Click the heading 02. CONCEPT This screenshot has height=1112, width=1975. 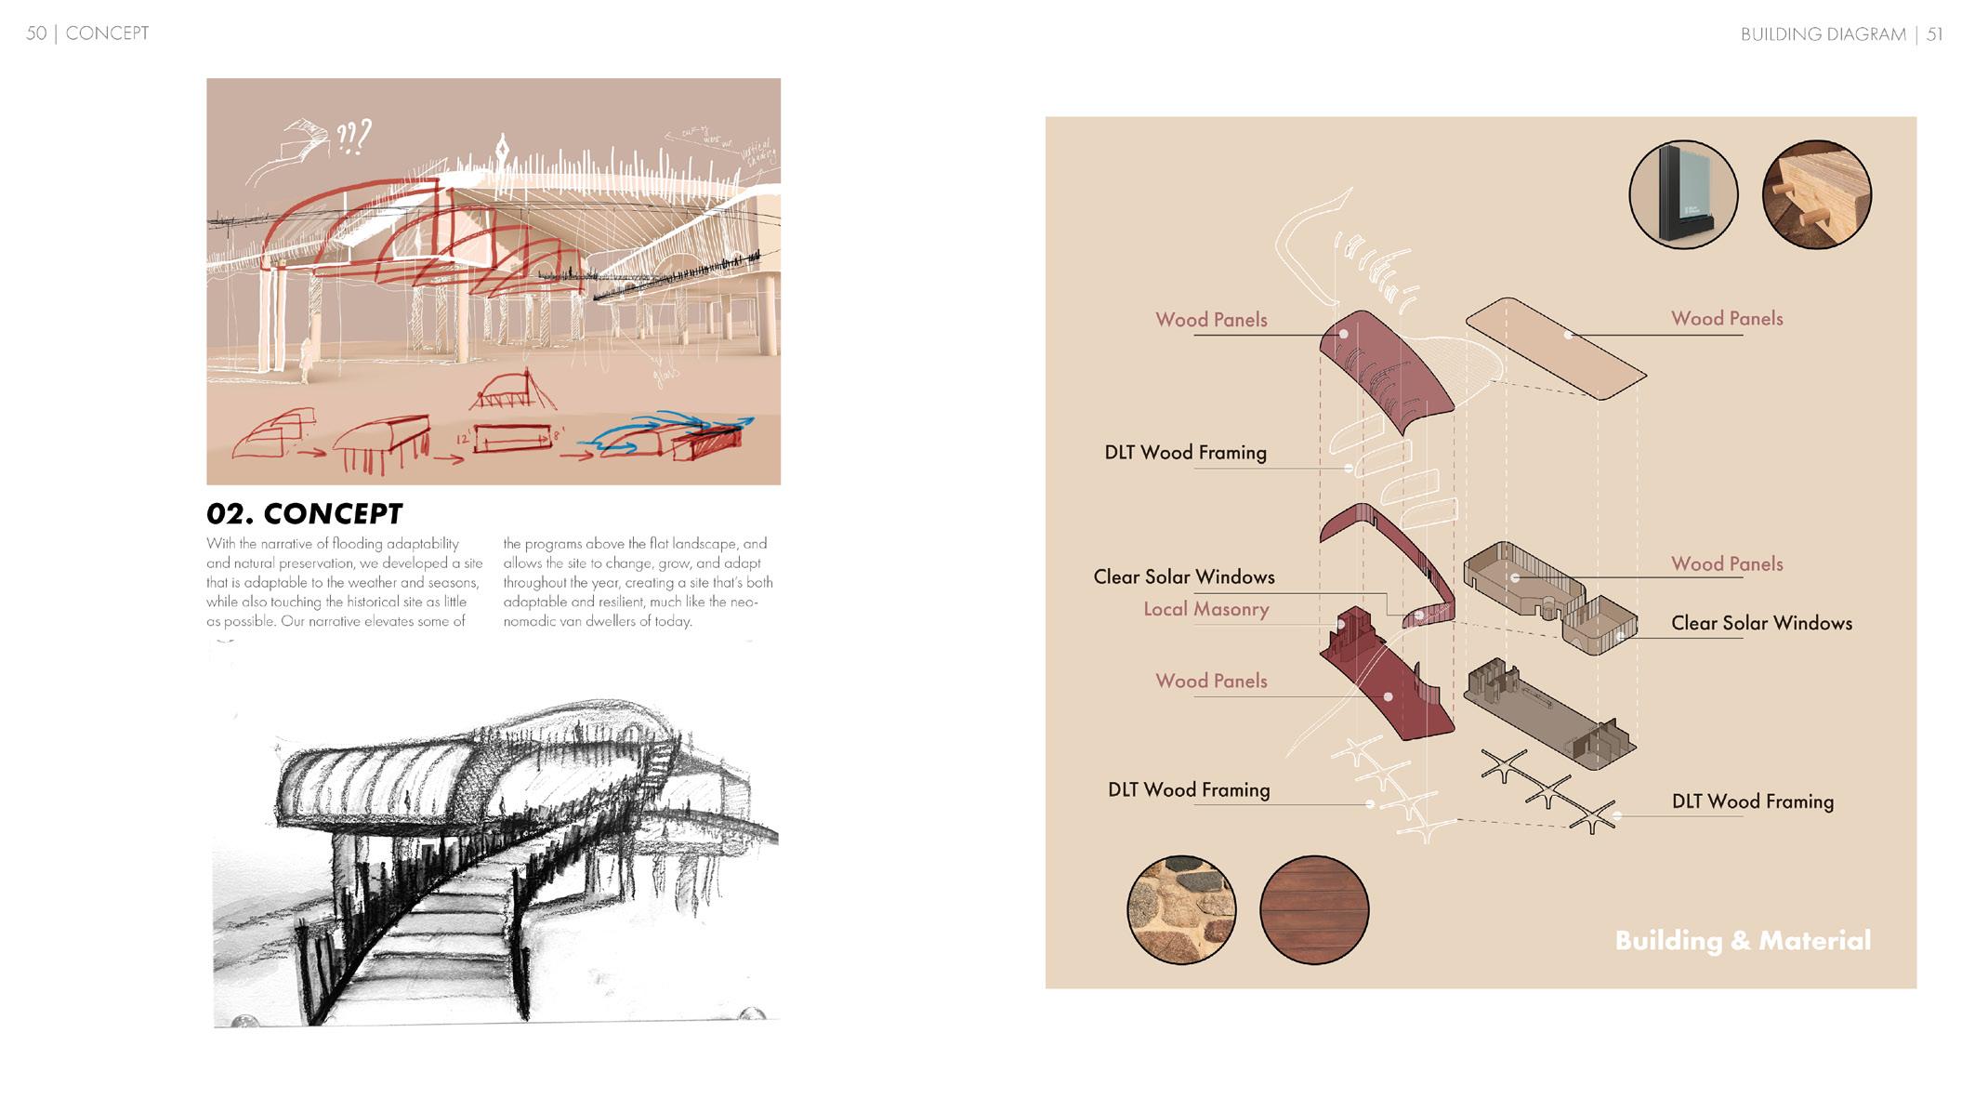click(x=304, y=513)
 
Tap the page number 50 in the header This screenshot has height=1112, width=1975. click(x=35, y=33)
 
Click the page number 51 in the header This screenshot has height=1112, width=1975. click(x=1934, y=34)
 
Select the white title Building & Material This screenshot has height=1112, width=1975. click(x=1743, y=940)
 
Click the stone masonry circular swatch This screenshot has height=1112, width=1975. click(x=1181, y=909)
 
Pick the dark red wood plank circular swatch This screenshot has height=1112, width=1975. click(x=1314, y=909)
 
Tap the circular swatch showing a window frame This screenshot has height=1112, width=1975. click(x=1683, y=195)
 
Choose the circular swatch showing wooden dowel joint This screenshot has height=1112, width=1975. click(x=1816, y=195)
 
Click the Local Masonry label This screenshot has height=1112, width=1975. click(x=1205, y=609)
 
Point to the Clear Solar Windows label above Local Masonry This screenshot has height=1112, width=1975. click(x=1183, y=576)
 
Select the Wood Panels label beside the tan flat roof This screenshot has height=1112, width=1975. click(x=1726, y=319)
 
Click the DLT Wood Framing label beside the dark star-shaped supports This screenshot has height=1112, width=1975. click(x=1752, y=801)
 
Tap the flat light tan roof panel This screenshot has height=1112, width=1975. click(x=1556, y=349)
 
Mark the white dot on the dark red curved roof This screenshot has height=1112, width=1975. click(x=1344, y=334)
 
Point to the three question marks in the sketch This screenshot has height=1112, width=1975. click(x=353, y=137)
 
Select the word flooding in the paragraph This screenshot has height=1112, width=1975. click(x=357, y=544)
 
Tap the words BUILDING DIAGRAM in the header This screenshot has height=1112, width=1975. click(x=1823, y=34)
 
